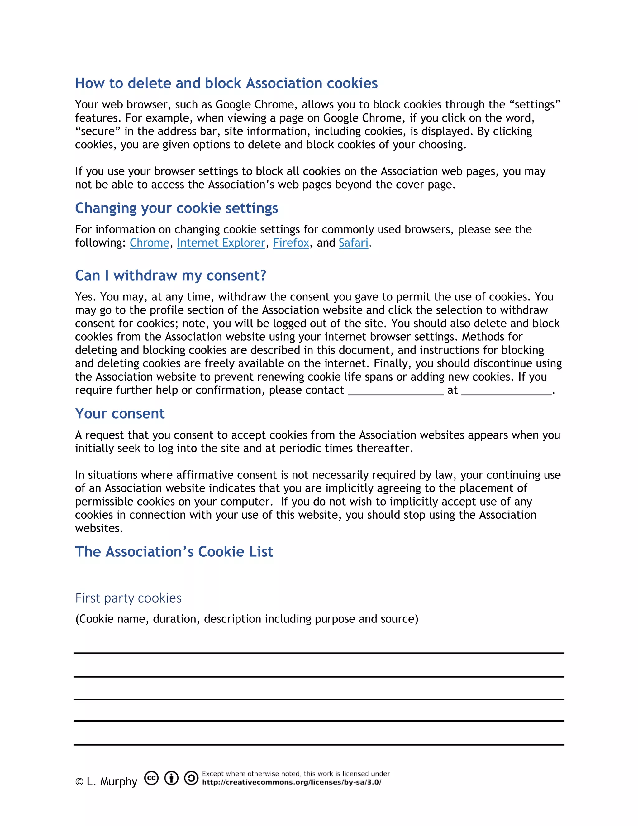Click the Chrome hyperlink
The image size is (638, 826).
coord(149,243)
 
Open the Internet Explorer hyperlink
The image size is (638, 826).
coord(221,243)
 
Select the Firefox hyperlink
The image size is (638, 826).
coord(291,243)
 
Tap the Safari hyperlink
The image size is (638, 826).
coord(353,243)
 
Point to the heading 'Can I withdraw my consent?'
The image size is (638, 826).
coord(170,275)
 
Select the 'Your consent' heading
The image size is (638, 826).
coord(120,414)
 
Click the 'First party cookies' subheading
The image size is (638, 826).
coord(129,598)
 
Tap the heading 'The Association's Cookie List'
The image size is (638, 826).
coord(174,552)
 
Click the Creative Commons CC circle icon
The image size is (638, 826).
coord(152,778)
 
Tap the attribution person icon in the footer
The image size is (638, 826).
coord(171,778)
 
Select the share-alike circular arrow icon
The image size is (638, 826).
coord(191,778)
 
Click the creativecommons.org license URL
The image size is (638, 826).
coord(291,782)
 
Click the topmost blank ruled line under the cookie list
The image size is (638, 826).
coord(319,653)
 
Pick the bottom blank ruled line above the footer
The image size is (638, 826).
coord(319,744)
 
